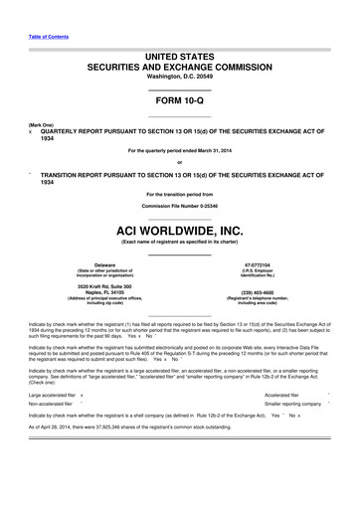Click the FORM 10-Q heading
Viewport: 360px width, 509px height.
click(180, 100)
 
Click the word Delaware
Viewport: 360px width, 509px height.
click(90, 264)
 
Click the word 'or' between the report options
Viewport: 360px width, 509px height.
click(180, 162)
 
